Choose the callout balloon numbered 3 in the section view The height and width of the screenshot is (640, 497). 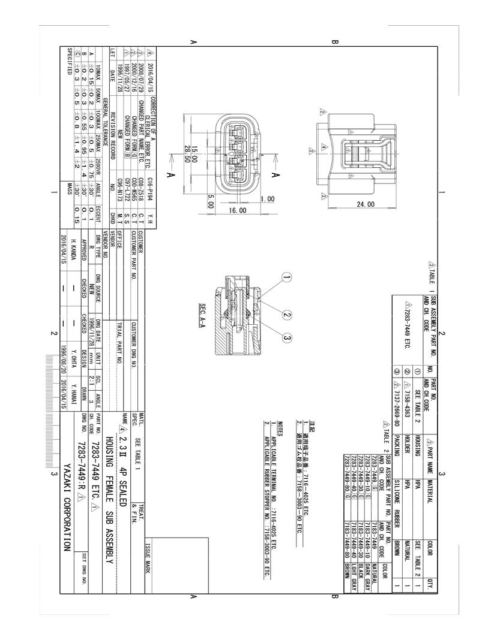[287, 339]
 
